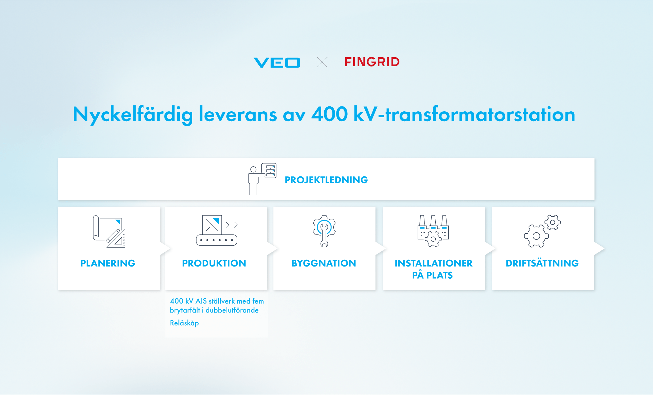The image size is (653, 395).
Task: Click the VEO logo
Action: (x=277, y=63)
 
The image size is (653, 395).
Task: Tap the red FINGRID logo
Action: (x=372, y=62)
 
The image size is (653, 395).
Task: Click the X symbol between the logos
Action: (x=322, y=62)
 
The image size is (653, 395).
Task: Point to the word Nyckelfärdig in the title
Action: (x=133, y=115)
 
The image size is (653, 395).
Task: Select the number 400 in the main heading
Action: (x=330, y=114)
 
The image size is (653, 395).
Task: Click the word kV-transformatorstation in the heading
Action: (x=464, y=114)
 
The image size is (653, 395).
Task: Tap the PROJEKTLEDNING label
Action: (x=326, y=180)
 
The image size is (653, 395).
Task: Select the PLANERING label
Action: (x=108, y=263)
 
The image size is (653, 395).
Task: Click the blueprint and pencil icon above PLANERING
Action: (x=109, y=232)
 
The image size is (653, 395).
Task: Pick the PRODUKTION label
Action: (x=214, y=263)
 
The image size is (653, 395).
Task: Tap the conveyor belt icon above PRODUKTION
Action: (x=217, y=230)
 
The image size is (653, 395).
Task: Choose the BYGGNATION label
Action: (x=324, y=263)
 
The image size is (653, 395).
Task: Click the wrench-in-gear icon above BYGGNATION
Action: (x=324, y=231)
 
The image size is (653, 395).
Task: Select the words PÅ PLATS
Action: (x=432, y=275)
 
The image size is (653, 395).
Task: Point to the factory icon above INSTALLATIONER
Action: (x=433, y=231)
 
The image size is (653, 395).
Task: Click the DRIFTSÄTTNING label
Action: (x=542, y=263)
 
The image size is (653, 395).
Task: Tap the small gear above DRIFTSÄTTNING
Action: (x=553, y=222)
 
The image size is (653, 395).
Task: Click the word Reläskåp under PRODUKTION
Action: (x=184, y=323)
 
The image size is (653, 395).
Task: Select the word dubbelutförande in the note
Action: (x=232, y=310)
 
